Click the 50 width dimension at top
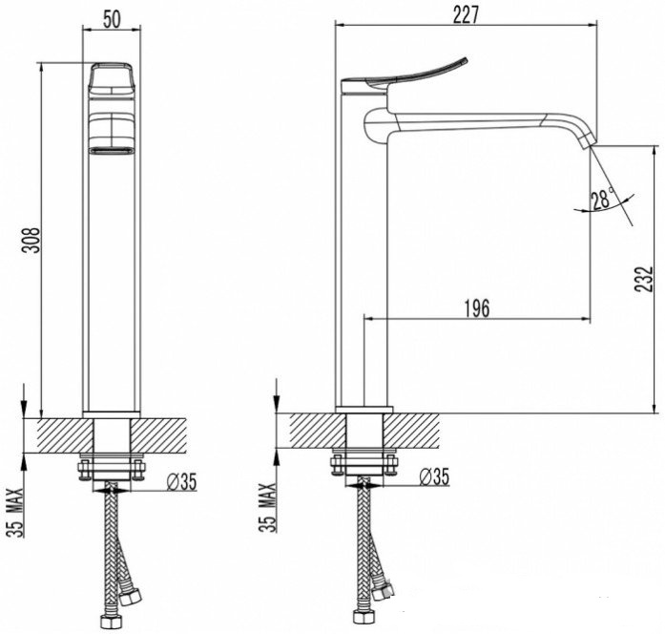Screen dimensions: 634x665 112,17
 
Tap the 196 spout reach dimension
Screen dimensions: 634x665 476,307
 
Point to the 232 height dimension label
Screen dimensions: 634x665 647,279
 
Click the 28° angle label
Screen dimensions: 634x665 601,200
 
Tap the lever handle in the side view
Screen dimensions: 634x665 410,74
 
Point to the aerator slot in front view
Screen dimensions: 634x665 112,150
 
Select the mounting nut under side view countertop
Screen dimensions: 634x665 364,465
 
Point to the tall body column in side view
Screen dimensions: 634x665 364,267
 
